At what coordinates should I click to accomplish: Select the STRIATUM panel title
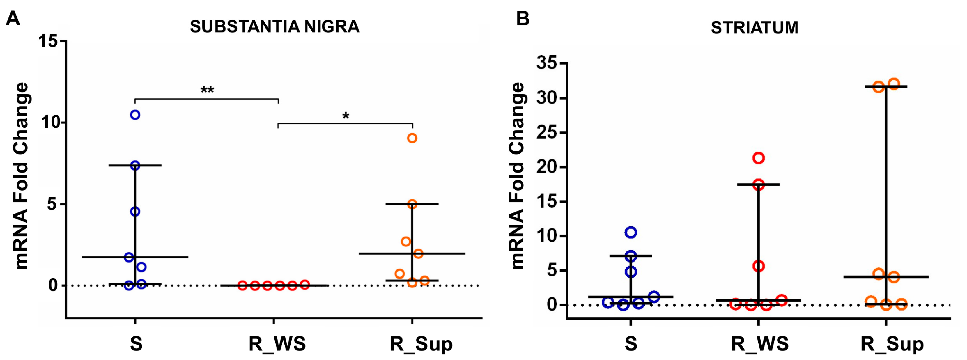pyautogui.click(x=755, y=28)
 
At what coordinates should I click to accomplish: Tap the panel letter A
pyautogui.click(x=13, y=18)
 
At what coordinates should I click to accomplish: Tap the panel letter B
pyautogui.click(x=523, y=18)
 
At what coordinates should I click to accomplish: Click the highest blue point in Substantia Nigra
pyautogui.click(x=135, y=115)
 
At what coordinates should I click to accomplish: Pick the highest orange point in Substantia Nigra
pyautogui.click(x=412, y=138)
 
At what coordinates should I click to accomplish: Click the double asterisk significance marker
pyautogui.click(x=207, y=90)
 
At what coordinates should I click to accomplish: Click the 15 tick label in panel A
pyautogui.click(x=48, y=41)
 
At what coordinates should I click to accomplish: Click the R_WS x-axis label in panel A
pyautogui.click(x=277, y=343)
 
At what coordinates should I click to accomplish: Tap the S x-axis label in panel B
pyautogui.click(x=631, y=343)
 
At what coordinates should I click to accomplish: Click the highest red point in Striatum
pyautogui.click(x=759, y=158)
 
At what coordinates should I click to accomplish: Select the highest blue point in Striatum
pyautogui.click(x=631, y=232)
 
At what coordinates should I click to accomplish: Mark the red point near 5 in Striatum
pyautogui.click(x=759, y=266)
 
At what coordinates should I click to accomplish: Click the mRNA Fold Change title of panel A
pyautogui.click(x=22, y=176)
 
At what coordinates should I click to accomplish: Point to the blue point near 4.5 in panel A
pyautogui.click(x=135, y=212)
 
